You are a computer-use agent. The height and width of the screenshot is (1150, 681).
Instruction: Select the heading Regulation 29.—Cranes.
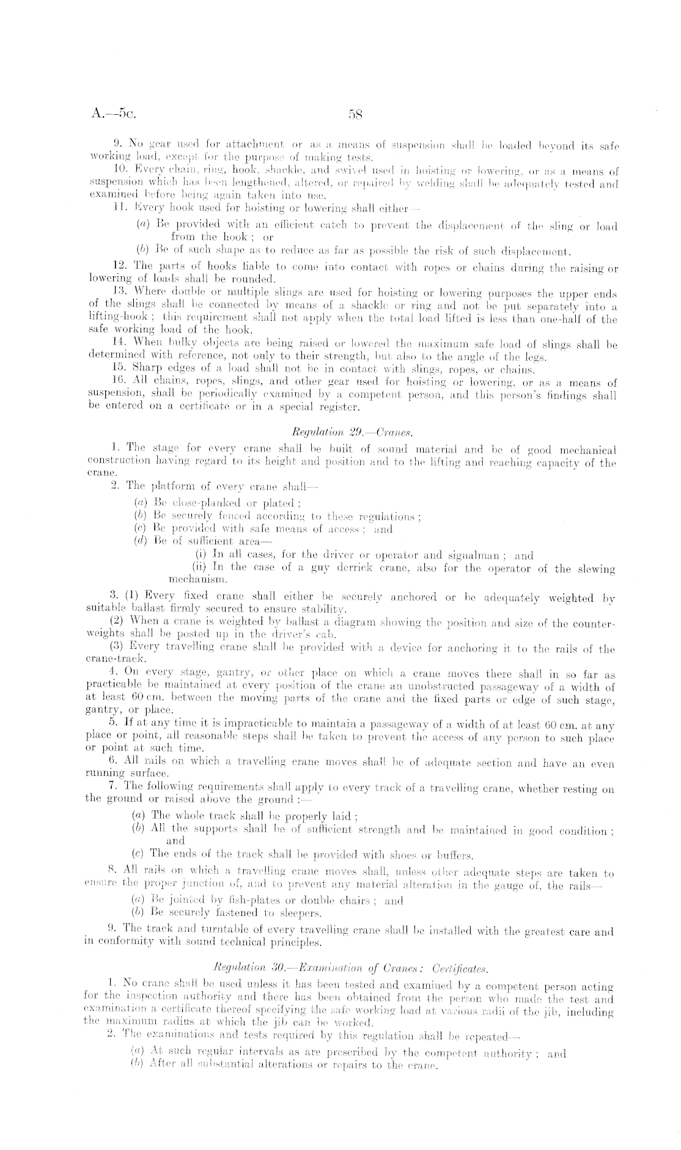[x=345, y=432]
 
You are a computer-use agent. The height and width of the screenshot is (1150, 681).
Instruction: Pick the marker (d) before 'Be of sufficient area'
[x=140, y=541]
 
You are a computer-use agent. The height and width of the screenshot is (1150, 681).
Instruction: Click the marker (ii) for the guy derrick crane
[x=199, y=568]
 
